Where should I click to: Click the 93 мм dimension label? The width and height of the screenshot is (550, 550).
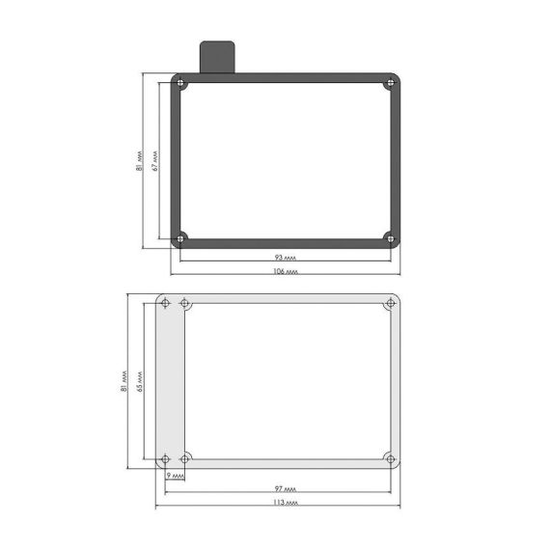pyautogui.click(x=286, y=258)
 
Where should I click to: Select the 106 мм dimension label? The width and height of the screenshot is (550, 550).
pyautogui.click(x=286, y=271)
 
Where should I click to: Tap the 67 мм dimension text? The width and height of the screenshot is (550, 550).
pyautogui.click(x=155, y=161)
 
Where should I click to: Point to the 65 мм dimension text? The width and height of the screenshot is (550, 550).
pyautogui.click(x=140, y=382)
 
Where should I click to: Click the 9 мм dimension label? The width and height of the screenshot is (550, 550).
pyautogui.click(x=175, y=476)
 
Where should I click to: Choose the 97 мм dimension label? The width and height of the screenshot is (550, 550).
pyautogui.click(x=286, y=488)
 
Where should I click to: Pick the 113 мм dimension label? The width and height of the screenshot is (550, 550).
pyautogui.click(x=286, y=503)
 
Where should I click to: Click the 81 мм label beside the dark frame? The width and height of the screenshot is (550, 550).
pyautogui.click(x=140, y=161)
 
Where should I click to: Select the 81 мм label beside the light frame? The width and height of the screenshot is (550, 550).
pyautogui.click(x=124, y=381)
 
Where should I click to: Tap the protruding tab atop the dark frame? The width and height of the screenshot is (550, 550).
pyautogui.click(x=217, y=57)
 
